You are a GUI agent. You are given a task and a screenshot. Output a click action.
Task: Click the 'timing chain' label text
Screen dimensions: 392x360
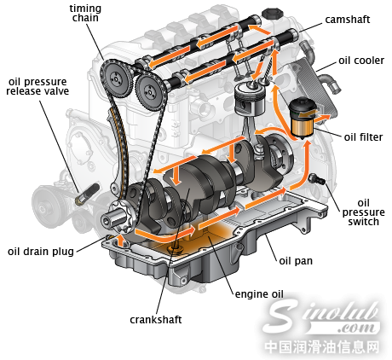tap(85, 13)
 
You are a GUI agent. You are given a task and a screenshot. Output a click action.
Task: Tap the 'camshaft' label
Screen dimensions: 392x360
tap(348, 20)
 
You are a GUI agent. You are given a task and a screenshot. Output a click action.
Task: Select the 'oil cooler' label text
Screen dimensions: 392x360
tap(361, 61)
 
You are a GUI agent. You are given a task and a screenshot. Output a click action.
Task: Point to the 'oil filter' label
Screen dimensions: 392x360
tap(363, 137)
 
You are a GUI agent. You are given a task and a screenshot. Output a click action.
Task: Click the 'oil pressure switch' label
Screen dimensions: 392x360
tap(363, 212)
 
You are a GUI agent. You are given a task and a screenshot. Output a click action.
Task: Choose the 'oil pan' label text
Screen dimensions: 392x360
tap(296, 261)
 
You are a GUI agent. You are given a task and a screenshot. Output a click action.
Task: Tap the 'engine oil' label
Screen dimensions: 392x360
tap(259, 294)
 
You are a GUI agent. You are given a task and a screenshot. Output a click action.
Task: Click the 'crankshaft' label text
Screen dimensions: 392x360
tap(156, 320)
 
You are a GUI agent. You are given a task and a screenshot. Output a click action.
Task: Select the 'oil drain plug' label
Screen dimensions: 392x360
tap(41, 252)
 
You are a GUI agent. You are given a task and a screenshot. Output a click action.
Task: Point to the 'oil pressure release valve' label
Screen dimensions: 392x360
tap(37, 86)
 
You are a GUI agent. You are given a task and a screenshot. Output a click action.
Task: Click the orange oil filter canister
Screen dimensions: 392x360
tap(303, 128)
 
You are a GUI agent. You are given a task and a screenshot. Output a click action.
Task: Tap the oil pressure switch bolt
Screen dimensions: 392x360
tap(317, 178)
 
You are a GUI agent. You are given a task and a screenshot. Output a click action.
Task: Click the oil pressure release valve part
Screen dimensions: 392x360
tap(87, 194)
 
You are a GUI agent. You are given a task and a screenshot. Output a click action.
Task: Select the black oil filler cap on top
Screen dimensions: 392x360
tap(273, 14)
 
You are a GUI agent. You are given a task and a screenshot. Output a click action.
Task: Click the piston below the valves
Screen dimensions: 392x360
tap(250, 101)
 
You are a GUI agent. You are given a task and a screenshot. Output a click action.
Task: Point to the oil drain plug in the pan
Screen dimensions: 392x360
tap(175, 248)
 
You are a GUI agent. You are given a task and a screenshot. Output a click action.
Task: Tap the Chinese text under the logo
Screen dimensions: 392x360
tap(322, 347)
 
